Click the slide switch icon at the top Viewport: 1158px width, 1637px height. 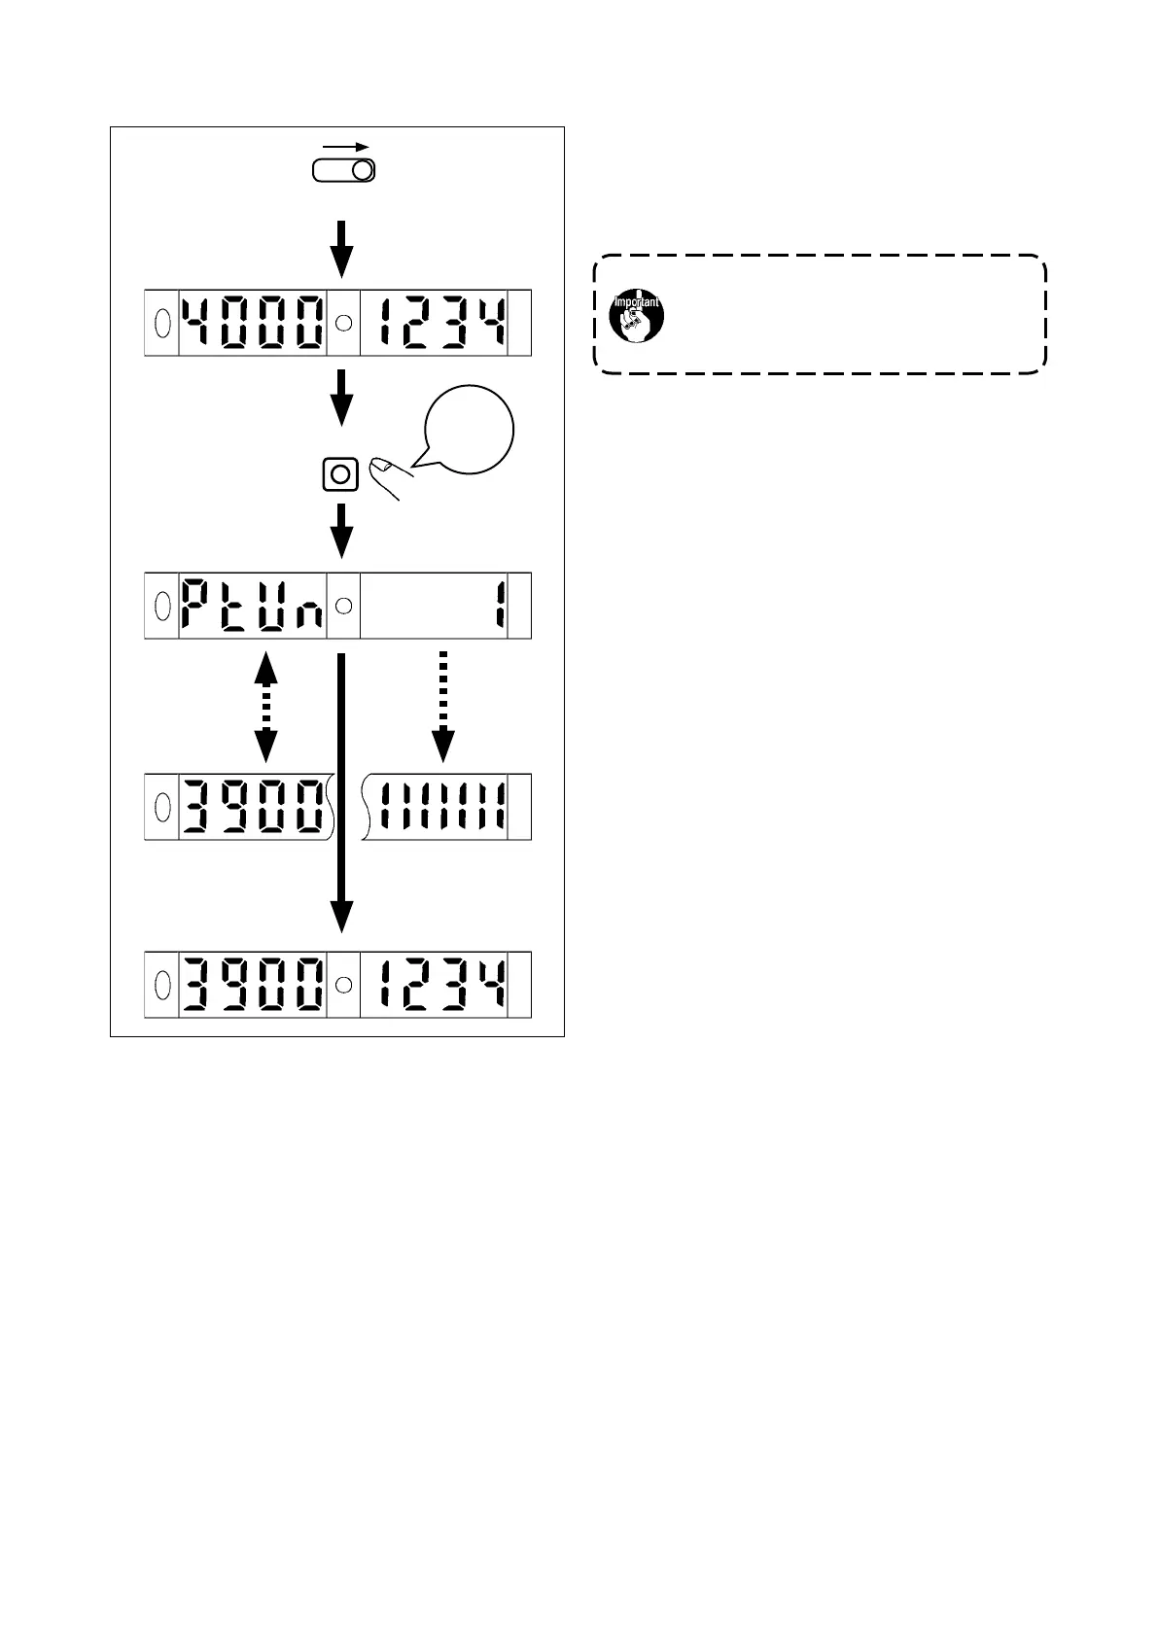point(343,171)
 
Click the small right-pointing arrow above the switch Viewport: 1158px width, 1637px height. point(347,146)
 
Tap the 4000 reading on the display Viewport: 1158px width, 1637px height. point(253,322)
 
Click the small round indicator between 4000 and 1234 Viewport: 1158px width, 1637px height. point(343,323)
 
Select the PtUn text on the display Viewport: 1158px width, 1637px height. point(253,605)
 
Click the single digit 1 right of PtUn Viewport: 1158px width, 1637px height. point(498,605)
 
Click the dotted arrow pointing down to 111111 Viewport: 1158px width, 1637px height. point(442,704)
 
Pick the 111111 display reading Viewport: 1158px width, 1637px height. point(443,806)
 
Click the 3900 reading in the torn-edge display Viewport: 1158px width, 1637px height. point(253,806)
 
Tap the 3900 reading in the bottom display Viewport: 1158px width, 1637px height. point(253,985)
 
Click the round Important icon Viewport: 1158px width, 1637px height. point(636,313)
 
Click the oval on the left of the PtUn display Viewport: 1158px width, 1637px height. point(161,605)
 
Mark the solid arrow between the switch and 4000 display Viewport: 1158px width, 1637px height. point(341,248)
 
